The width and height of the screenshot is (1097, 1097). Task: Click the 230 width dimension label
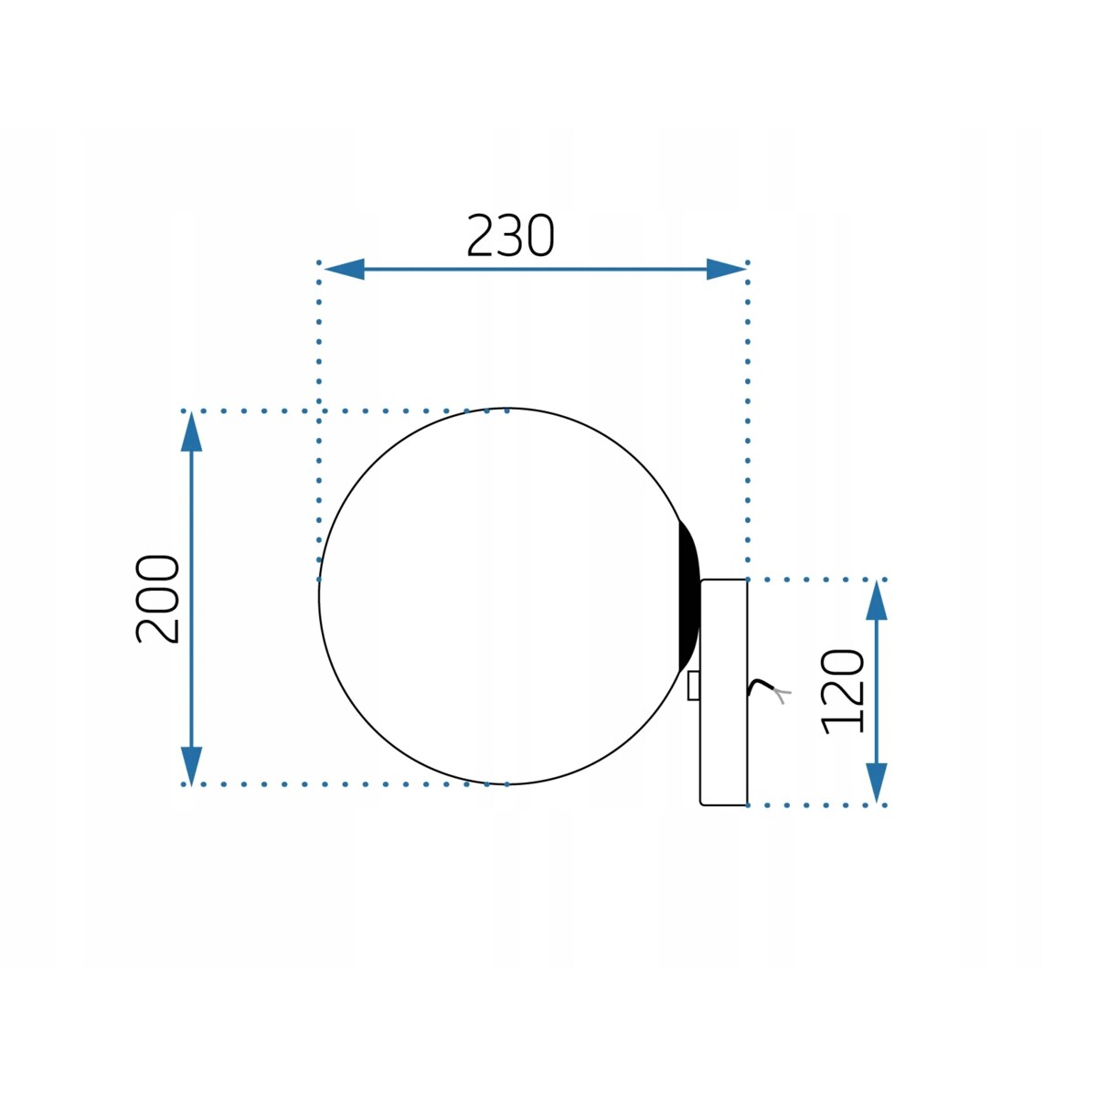pos(510,236)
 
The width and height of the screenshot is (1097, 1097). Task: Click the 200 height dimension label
pos(157,599)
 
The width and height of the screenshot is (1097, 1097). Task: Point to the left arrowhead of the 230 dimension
pos(345,270)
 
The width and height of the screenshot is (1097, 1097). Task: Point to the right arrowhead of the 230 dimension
pos(726,270)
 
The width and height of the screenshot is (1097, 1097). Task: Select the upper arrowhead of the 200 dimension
pos(191,432)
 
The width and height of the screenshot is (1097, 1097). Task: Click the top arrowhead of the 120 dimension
pos(877,601)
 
